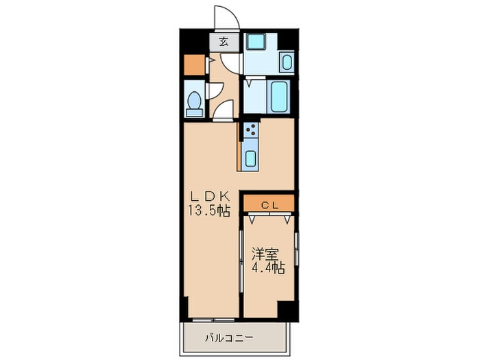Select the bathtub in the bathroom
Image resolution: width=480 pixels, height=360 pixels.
[279, 97]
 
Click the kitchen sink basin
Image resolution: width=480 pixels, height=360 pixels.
[250, 158]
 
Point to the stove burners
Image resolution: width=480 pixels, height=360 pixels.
[250, 130]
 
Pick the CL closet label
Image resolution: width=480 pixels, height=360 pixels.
[268, 204]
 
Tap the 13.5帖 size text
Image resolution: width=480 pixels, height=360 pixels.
[208, 211]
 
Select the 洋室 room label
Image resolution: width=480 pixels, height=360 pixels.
[265, 253]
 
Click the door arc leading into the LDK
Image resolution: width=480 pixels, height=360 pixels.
[224, 110]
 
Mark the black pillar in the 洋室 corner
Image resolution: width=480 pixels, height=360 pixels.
[287, 309]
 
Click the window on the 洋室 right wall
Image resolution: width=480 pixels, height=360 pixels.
[296, 250]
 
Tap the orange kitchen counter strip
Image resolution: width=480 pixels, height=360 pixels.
[239, 146]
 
